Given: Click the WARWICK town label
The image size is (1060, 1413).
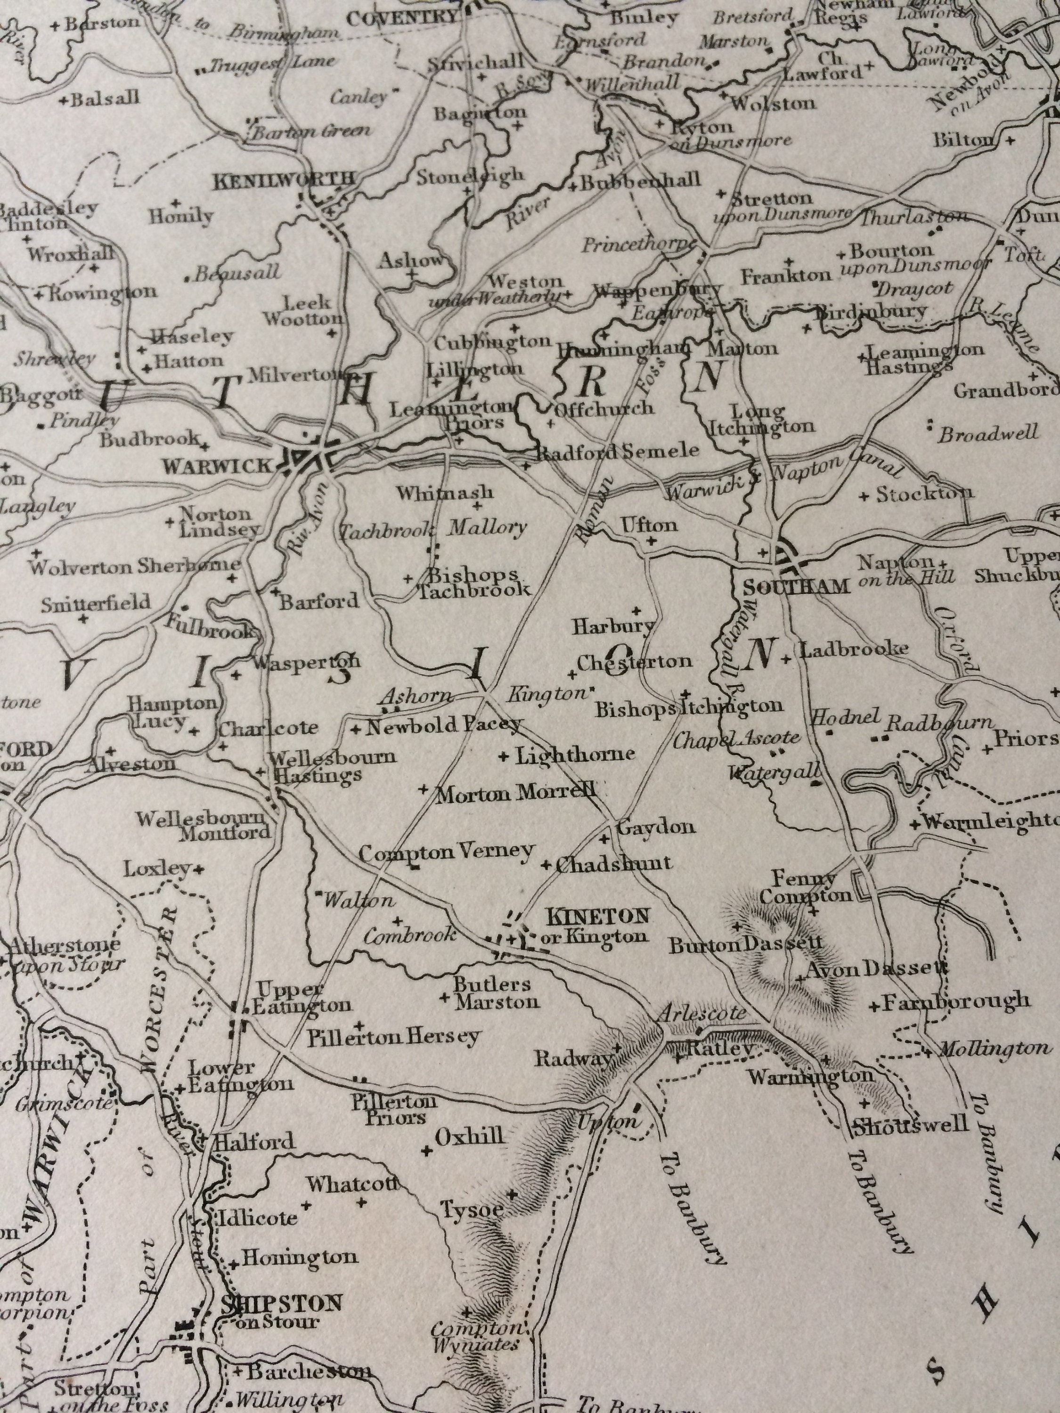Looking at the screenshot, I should [217, 465].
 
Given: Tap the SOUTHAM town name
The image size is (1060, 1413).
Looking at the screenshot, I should [796, 586].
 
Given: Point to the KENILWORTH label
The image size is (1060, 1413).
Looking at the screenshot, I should [283, 181].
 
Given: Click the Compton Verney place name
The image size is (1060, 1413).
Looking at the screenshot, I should [446, 852].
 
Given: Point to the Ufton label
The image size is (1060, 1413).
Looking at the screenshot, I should [649, 525].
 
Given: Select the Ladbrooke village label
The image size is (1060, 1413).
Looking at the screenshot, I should [854, 649].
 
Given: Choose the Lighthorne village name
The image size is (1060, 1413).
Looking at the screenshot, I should [575, 755].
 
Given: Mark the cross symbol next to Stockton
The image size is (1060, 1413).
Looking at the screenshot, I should [865, 495].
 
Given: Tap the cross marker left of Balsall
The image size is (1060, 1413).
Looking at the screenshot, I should [63, 100].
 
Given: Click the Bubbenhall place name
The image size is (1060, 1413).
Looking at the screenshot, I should [640, 181].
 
